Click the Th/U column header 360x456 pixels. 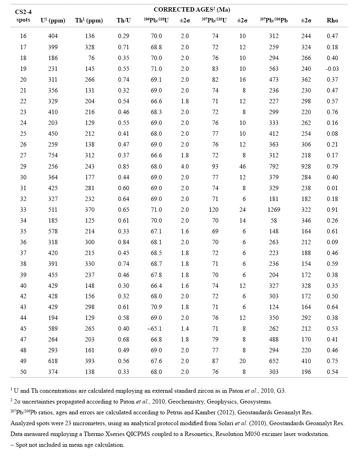click(x=122, y=20)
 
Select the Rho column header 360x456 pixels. click(x=332, y=20)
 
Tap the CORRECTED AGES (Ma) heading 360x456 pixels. click(x=192, y=9)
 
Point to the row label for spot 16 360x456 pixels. click(x=23, y=36)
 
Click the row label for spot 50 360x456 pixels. click(x=23, y=372)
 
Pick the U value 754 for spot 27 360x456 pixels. click(x=53, y=155)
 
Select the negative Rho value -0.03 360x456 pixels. click(x=332, y=69)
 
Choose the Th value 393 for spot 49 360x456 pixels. click(x=90, y=361)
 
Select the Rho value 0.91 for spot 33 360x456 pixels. click(x=332, y=209)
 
